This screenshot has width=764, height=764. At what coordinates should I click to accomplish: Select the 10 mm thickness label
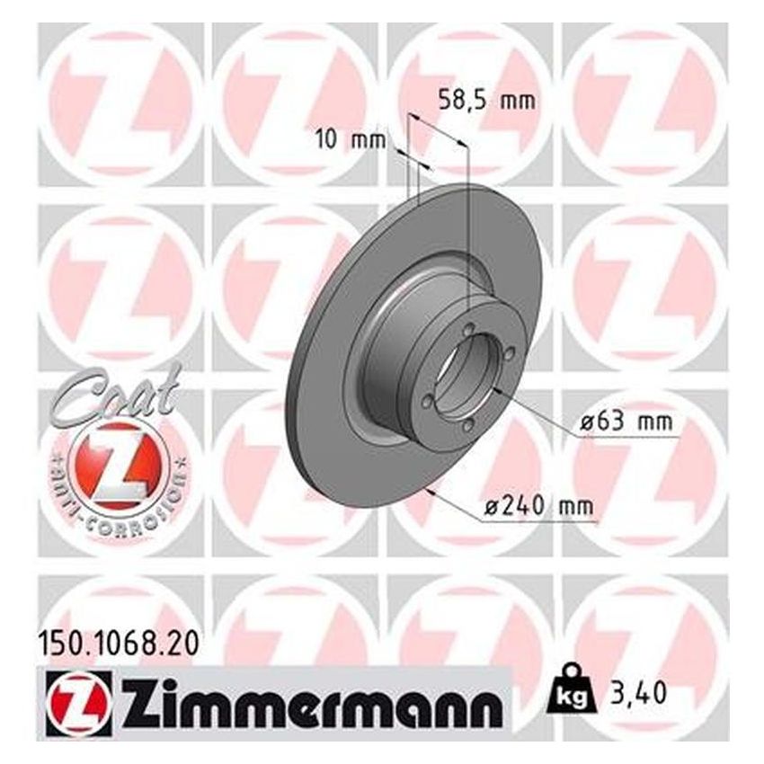(x=350, y=139)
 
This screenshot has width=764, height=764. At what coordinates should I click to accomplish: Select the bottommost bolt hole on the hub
(x=467, y=425)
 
